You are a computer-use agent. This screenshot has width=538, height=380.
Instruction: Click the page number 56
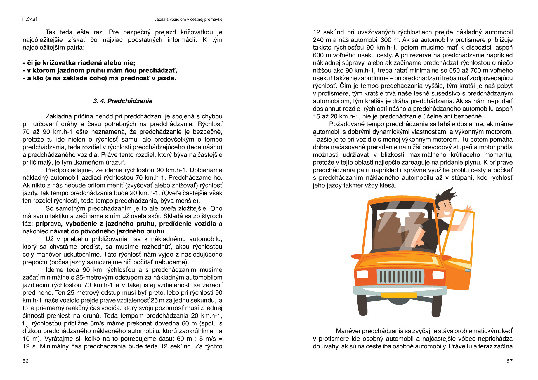26,361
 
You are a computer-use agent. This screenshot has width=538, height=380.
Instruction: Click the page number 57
509,361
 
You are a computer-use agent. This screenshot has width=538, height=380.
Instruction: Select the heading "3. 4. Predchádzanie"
123,101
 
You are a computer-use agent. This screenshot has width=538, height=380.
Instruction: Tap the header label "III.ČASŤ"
30,19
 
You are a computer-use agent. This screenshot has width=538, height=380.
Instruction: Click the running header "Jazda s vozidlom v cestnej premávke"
188,19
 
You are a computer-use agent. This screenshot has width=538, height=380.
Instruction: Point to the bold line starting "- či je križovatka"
79,63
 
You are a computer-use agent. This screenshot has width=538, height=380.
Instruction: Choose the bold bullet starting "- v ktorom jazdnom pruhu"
100,70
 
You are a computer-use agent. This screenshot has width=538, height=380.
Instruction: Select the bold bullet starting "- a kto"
99,78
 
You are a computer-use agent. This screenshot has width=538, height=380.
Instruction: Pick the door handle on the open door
468,270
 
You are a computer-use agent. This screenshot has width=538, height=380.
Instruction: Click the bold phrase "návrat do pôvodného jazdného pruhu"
107,231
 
